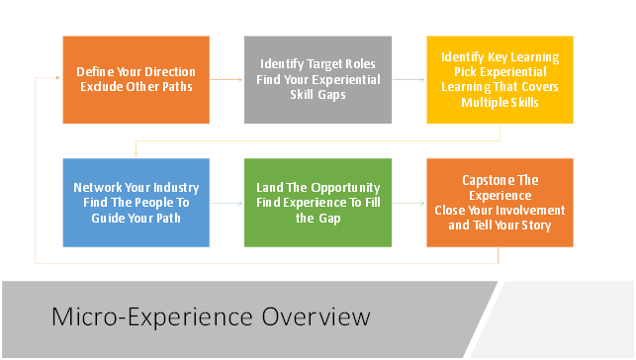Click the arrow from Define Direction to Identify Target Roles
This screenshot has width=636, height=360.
pyautogui.click(x=227, y=80)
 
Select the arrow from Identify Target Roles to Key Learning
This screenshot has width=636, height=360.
pyautogui.click(x=409, y=80)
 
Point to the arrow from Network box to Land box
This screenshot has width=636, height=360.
pyautogui.click(x=227, y=203)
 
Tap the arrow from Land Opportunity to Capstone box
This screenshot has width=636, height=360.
pyautogui.click(x=409, y=203)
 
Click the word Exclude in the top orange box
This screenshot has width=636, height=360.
pyautogui.click(x=102, y=87)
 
